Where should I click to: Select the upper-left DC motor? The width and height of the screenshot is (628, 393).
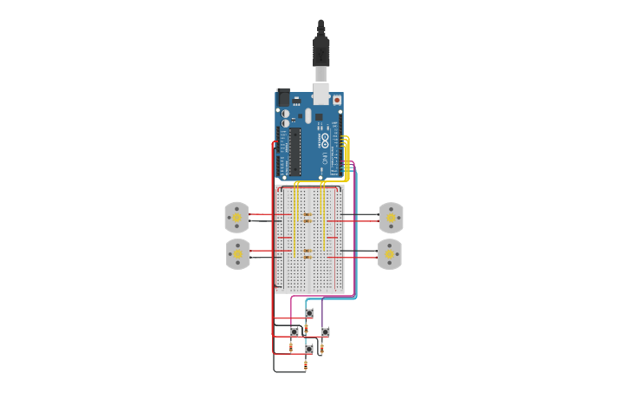click(x=236, y=217)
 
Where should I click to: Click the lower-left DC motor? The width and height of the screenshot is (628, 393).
click(x=237, y=254)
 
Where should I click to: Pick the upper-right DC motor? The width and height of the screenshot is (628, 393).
click(x=391, y=218)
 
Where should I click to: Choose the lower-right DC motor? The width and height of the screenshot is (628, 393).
click(x=390, y=254)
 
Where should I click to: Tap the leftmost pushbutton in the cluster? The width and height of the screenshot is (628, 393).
click(x=295, y=331)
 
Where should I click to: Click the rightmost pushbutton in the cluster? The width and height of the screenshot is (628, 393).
click(x=325, y=331)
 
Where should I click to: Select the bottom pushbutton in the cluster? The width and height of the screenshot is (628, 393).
click(x=309, y=349)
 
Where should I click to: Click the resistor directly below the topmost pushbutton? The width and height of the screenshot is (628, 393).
click(x=306, y=327)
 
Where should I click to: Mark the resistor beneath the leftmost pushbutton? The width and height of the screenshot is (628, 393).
click(x=291, y=347)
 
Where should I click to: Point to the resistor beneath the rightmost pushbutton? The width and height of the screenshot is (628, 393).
click(x=321, y=349)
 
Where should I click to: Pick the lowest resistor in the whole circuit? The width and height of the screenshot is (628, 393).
click(x=306, y=365)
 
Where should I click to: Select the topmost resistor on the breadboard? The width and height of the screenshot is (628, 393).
click(x=308, y=213)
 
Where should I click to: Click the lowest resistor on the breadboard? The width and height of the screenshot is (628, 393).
click(x=308, y=257)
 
